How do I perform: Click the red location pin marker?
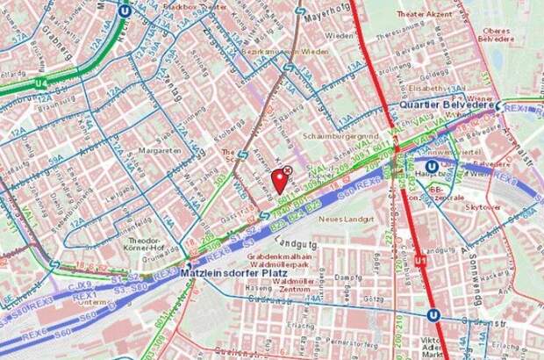(280, 179)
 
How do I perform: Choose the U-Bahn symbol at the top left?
(125, 10)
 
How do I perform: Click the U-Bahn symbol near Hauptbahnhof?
(432, 165)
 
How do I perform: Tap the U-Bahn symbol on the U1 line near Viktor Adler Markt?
(433, 314)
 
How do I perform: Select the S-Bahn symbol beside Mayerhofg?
(300, 12)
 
